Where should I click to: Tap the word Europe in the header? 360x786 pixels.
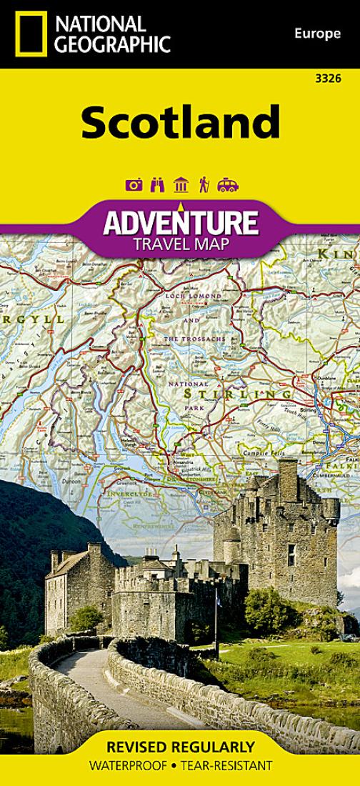click(316, 34)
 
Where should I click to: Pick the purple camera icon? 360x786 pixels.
click(134, 185)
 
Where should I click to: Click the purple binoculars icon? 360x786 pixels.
click(157, 185)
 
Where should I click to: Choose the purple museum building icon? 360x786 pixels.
click(181, 185)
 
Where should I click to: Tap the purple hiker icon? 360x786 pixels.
click(204, 185)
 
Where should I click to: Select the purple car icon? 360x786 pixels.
click(228, 185)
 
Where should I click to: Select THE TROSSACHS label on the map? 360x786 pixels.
click(194, 337)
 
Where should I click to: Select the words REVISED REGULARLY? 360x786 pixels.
click(180, 748)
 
